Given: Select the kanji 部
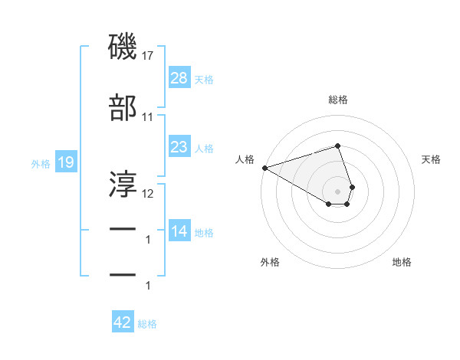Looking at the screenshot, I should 123,110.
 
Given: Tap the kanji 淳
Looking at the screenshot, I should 123,183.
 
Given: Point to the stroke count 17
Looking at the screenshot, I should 147,56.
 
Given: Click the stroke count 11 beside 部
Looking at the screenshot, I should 147,117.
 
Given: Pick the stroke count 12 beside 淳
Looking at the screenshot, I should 147,193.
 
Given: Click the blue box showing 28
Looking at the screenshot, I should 179,77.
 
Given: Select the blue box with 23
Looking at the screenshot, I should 179,147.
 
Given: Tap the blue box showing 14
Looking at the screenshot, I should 179,231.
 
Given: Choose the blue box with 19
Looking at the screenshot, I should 65,162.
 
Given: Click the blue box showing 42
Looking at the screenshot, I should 122,322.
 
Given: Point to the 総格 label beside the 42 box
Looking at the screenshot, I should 147,324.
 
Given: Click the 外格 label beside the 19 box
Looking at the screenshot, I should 41,164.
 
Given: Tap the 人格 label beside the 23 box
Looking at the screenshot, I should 205,148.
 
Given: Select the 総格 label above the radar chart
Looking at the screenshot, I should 337,100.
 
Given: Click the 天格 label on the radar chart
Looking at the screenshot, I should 432,159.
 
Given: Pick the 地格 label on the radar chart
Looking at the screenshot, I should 402,262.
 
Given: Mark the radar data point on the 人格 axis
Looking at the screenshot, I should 264,167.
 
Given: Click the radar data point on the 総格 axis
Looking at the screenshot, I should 337,146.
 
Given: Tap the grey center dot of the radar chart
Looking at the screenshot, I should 337,191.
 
